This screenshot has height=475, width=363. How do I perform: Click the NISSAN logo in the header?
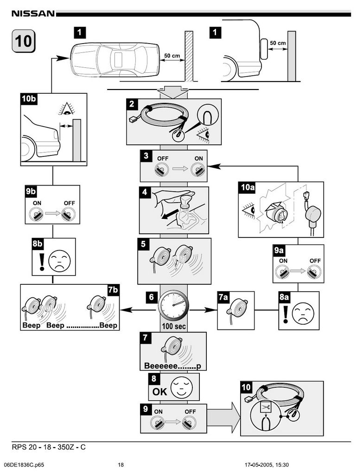coord(33,13)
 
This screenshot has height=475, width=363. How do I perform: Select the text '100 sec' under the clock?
coord(174,326)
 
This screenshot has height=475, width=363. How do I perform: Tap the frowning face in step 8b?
coord(59,258)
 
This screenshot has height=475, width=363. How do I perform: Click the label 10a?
coord(248,187)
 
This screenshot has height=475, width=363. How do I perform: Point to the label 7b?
coord(113,290)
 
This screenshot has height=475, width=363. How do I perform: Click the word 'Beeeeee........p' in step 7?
coord(172,366)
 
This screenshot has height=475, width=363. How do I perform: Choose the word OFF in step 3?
coord(163,159)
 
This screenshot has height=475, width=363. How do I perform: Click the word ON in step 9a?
coord(283,261)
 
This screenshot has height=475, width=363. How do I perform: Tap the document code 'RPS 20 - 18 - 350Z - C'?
coord(49,447)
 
